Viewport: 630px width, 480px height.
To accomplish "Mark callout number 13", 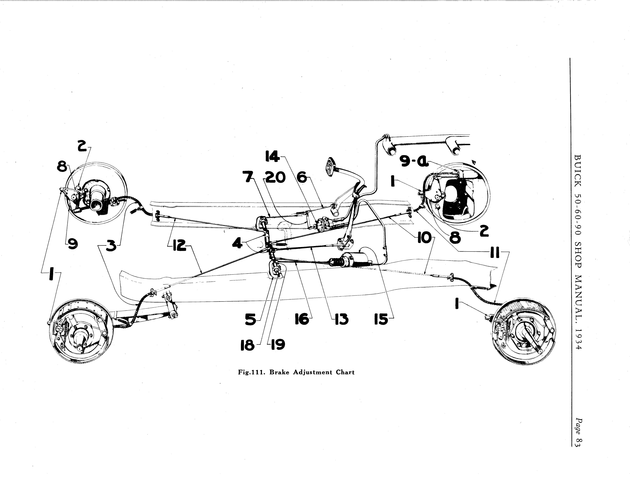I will click(342, 319).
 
